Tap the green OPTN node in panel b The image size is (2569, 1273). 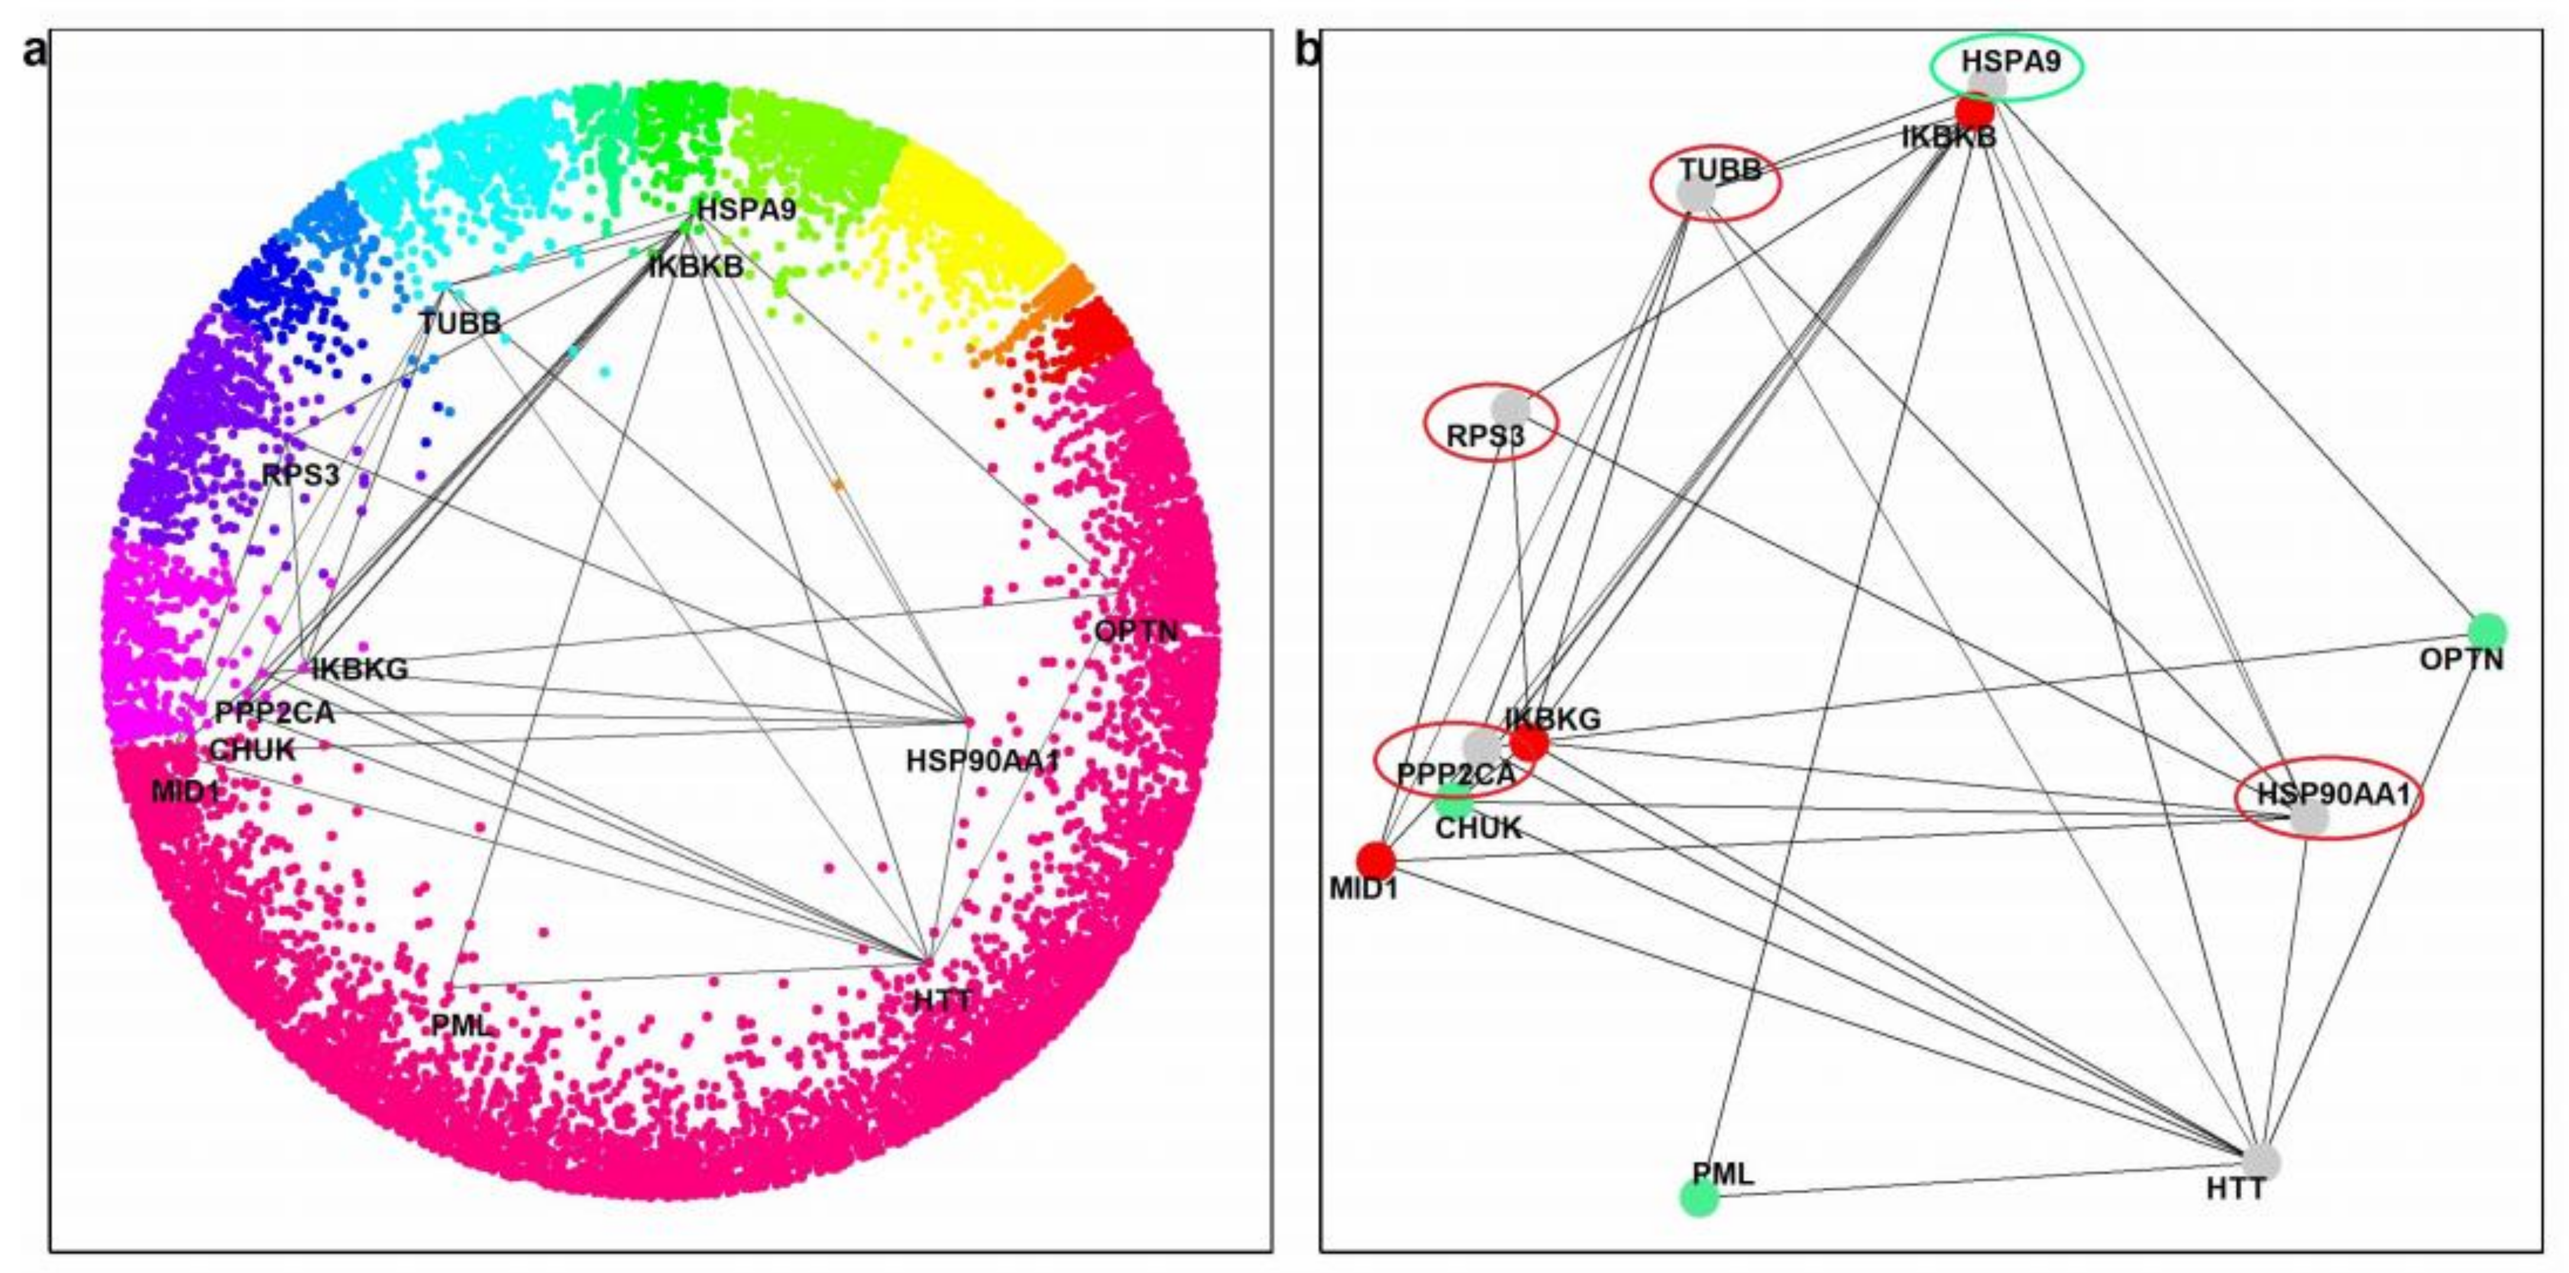(x=2487, y=629)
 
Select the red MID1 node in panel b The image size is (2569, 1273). (x=1376, y=860)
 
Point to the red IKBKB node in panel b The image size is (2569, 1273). (x=1973, y=111)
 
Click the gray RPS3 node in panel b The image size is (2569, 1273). (x=1510, y=407)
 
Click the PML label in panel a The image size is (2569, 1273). (x=461, y=1025)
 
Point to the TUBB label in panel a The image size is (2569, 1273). (x=460, y=323)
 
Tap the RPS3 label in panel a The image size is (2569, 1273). (x=300, y=475)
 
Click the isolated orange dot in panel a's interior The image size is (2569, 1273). (x=838, y=484)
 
